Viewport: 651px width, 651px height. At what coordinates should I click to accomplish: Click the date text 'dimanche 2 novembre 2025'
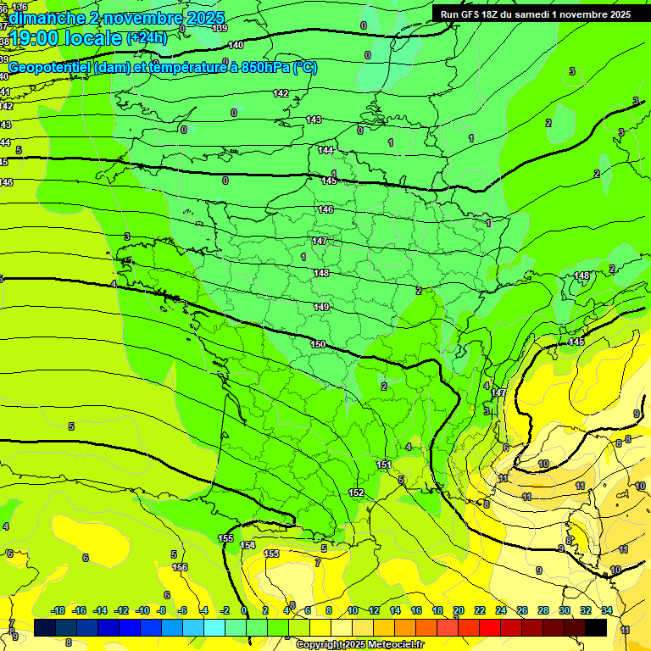coord(116,18)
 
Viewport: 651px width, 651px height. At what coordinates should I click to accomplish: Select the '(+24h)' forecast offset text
coord(147,37)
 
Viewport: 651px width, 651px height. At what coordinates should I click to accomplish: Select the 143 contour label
coord(314,120)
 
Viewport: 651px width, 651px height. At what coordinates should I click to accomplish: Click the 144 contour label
coord(325,150)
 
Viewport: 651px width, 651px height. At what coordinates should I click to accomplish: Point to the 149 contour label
coord(321,307)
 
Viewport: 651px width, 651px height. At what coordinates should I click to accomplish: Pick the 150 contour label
coord(318,344)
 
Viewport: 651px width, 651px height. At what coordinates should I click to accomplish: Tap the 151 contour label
coord(384,465)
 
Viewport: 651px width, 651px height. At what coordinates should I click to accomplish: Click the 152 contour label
coord(356,492)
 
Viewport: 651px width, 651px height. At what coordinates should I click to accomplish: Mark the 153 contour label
coord(271,554)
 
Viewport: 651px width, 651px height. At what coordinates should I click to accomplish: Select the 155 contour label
coord(225,538)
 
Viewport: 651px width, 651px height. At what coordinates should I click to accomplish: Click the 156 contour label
coord(180,567)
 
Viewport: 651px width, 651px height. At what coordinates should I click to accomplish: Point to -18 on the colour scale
coord(58,610)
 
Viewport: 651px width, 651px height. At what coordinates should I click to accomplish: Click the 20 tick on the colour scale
coord(459,610)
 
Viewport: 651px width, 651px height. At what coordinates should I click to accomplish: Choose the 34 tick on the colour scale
coord(607,610)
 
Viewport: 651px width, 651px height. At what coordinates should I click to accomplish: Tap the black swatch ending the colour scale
coord(596,627)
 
